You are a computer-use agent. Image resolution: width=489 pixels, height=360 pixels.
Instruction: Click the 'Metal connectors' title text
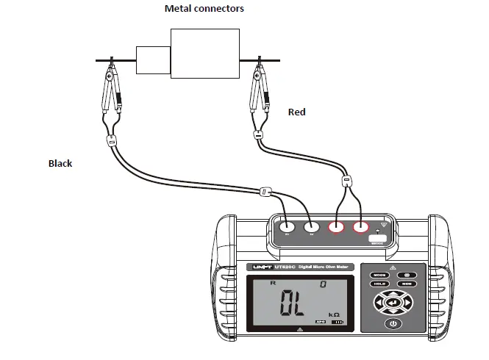[x=204, y=8]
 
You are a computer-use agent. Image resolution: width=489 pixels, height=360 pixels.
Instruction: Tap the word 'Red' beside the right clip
[x=296, y=112]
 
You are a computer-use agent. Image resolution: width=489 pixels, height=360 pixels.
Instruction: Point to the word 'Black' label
[x=60, y=163]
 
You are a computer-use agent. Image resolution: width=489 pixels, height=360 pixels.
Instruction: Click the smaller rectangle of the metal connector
[x=154, y=60]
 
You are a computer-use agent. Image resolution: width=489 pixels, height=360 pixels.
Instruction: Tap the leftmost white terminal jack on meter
[x=288, y=228]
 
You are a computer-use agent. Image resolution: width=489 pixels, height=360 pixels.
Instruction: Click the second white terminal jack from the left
[x=311, y=228]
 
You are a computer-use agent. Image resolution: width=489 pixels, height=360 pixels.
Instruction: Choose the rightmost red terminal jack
[x=360, y=228]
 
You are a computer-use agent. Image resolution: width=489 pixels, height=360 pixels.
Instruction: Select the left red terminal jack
[x=337, y=228]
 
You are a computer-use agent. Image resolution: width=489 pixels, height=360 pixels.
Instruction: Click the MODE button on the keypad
[x=379, y=273]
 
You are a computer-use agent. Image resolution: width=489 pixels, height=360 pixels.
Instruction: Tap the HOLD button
[x=379, y=284]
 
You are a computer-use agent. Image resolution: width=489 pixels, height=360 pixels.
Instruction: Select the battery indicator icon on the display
[x=339, y=322]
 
